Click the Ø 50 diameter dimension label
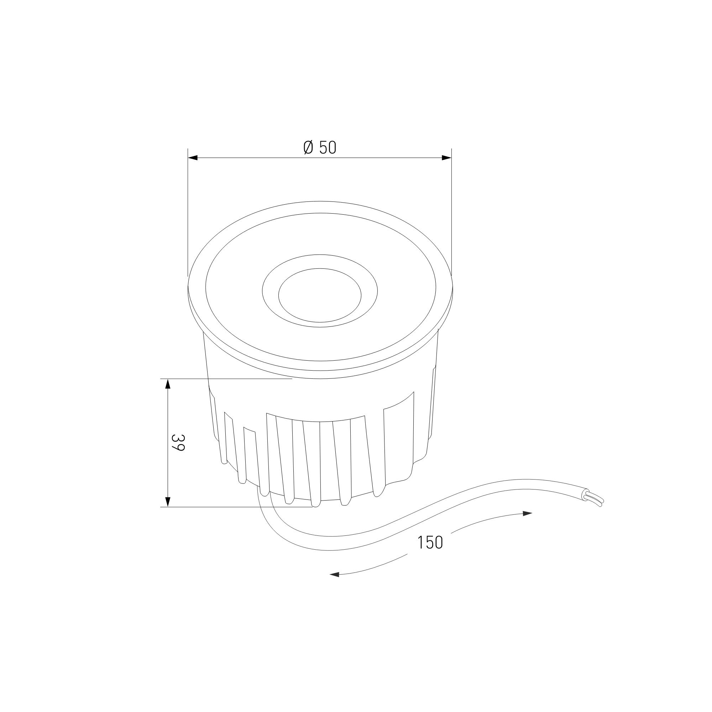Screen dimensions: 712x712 click(320, 147)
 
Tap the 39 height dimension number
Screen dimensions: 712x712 click(178, 443)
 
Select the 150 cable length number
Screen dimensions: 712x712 click(430, 543)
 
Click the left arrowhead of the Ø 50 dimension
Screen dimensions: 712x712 click(193, 158)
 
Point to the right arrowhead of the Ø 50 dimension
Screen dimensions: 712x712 click(447, 158)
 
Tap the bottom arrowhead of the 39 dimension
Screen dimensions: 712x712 click(168, 502)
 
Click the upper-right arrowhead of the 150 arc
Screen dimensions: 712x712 click(527, 514)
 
